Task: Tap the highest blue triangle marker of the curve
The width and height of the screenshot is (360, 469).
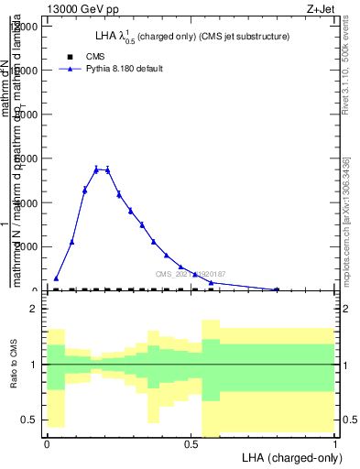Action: (x=96, y=169)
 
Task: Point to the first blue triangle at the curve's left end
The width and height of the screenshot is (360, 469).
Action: (x=56, y=278)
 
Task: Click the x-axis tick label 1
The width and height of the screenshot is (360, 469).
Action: (x=335, y=442)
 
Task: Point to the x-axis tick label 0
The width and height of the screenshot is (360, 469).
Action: (x=47, y=442)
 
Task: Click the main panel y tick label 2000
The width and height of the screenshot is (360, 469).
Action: (x=24, y=246)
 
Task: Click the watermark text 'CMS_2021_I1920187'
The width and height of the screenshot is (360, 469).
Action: (x=191, y=274)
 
